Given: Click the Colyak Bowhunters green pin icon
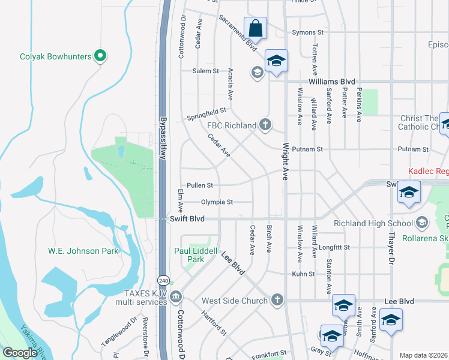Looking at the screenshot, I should click(101, 56).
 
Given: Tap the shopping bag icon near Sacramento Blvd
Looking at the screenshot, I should click(255, 28).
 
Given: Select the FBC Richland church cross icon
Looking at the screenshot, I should click(265, 125).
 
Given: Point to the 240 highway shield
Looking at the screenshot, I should click(164, 281).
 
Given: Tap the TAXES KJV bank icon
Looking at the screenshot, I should click(175, 296).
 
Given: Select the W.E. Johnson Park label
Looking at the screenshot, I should click(83, 251).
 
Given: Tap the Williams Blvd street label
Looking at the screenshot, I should click(332, 82).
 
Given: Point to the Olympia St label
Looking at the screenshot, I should click(217, 202).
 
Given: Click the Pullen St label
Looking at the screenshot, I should click(200, 185).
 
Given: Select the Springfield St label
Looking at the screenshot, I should click(206, 112).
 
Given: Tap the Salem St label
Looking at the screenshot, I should click(205, 71).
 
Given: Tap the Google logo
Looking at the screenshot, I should click(20, 353).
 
